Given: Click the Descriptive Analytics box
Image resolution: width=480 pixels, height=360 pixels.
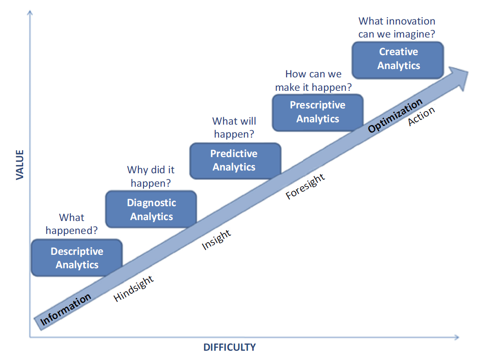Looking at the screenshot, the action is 77,258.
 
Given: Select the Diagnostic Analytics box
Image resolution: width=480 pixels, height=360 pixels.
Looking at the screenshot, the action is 151,209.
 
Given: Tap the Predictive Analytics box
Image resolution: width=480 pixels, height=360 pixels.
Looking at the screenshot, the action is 235,161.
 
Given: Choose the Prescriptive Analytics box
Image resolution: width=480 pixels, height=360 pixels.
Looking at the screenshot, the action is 318,113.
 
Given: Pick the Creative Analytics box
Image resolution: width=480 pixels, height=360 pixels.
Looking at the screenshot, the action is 398,60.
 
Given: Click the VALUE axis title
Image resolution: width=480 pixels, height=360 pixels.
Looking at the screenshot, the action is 20,164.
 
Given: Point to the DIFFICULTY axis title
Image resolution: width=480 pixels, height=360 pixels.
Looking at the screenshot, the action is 230,347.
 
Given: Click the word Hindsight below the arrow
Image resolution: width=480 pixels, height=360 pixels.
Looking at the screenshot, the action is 133,288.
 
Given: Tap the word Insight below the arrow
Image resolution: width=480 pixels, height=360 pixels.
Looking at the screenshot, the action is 216,240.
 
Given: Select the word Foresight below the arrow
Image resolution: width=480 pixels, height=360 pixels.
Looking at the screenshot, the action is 305,186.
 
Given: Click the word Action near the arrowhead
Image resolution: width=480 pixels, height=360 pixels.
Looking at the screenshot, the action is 421,116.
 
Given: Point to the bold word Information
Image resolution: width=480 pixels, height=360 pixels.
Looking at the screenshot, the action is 66,309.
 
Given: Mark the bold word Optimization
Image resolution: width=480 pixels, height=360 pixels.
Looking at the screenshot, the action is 395,115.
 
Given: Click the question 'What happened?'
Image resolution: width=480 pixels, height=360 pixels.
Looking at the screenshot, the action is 72,224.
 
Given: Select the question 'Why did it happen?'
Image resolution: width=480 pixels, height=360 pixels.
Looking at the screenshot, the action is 150,176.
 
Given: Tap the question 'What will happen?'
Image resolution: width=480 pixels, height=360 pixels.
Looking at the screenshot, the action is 234,127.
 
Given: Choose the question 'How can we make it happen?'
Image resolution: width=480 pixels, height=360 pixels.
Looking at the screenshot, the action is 313,81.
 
